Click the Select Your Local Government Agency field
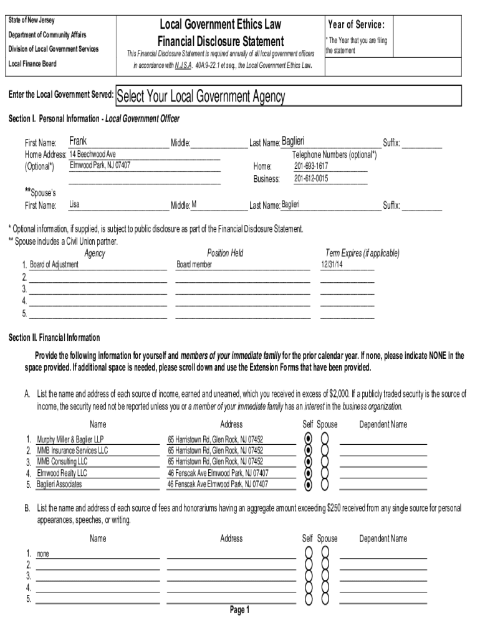tap(288, 97)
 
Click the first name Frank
tap(78, 141)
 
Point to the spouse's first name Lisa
tap(74, 204)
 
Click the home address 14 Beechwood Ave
tap(92, 154)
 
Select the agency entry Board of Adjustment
tap(54, 265)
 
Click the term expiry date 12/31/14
tap(332, 265)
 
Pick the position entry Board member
tap(194, 265)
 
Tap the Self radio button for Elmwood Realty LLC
tap(307, 473)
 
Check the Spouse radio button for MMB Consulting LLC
tap(325, 462)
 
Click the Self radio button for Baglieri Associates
tap(307, 485)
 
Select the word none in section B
tap(43, 553)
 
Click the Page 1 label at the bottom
tap(239, 610)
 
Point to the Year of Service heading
tap(356, 25)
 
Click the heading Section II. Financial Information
tap(54, 338)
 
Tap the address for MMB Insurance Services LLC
tap(216, 450)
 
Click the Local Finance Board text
tap(32, 64)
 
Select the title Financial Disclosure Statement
tap(221, 42)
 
